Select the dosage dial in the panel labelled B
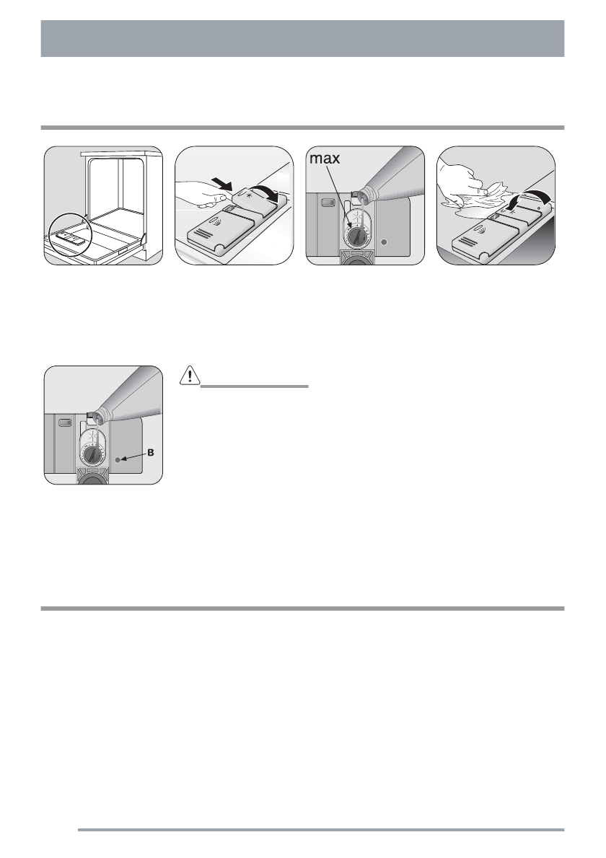pyautogui.click(x=92, y=456)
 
